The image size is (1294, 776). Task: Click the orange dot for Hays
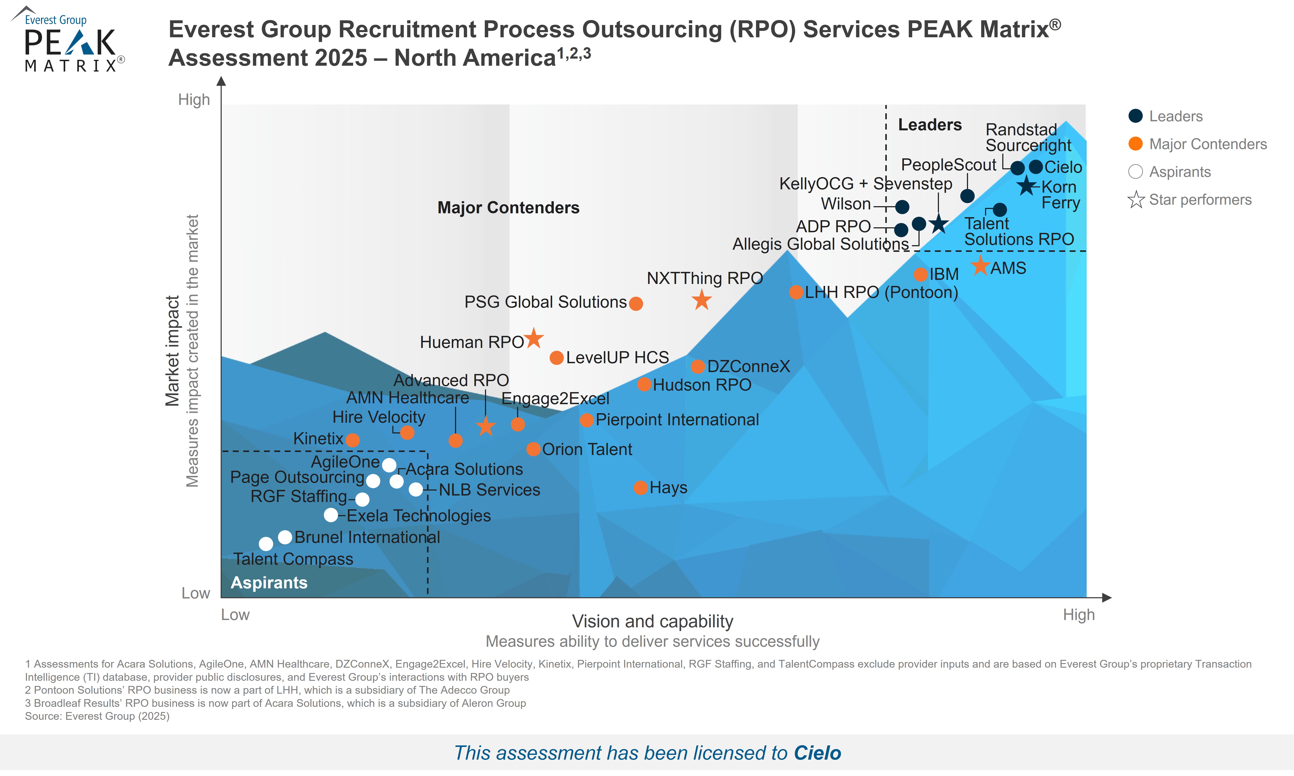tap(641, 488)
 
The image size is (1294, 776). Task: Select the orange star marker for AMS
tap(980, 266)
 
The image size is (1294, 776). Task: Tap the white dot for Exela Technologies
tap(331, 515)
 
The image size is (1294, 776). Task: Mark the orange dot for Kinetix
tap(352, 440)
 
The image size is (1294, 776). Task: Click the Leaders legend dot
tap(1135, 116)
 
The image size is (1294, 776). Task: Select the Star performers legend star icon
tap(1136, 200)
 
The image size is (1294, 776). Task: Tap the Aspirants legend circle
tap(1135, 171)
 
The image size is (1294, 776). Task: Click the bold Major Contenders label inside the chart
tap(508, 208)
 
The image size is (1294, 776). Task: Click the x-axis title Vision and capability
tap(652, 621)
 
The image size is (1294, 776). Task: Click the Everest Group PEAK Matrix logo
tap(68, 41)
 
